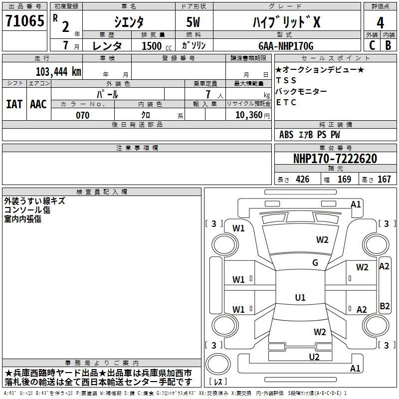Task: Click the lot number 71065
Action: coord(24,21)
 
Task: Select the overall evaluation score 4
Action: coord(380,22)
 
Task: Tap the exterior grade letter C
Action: coord(372,45)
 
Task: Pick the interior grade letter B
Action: coord(388,45)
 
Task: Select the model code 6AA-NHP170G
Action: coord(285,46)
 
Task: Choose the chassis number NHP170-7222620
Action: coord(335,159)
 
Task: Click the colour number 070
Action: coord(82,115)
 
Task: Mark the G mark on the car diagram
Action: coord(315,263)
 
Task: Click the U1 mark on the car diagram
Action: coord(300,298)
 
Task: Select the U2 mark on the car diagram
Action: coord(314,356)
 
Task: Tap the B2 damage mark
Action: coord(384,306)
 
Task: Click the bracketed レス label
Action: coord(217,382)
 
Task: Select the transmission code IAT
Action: coord(14,104)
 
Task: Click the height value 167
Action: coord(384,180)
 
